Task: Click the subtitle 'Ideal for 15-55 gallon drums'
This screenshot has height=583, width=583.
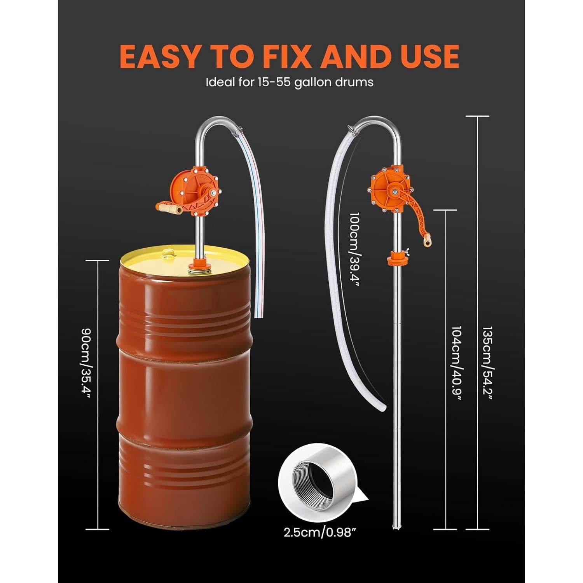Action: [290, 82]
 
